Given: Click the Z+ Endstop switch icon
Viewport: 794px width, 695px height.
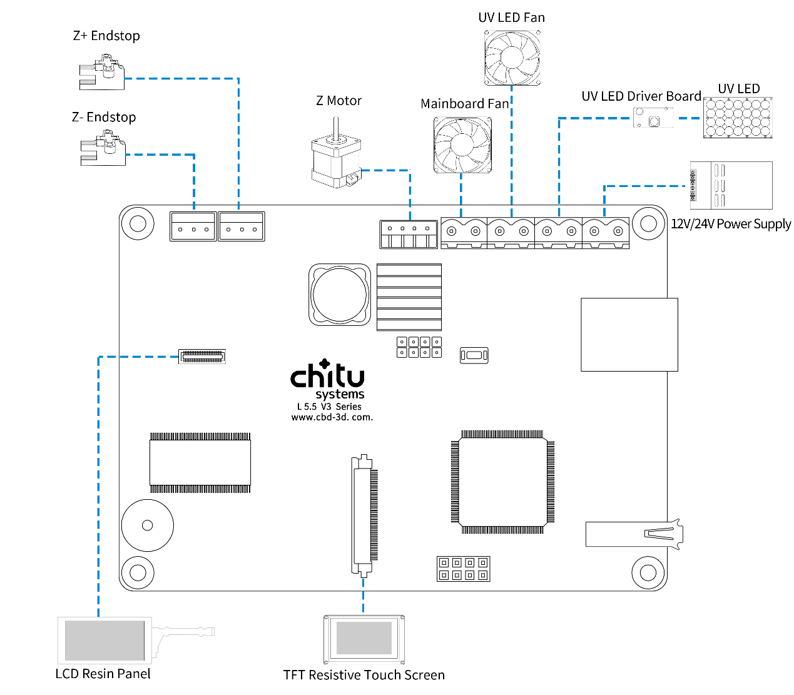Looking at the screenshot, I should pos(101,73).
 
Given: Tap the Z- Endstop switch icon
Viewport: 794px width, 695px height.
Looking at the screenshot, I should pos(103,149).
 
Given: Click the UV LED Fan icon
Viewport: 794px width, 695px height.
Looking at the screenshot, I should pos(512,58).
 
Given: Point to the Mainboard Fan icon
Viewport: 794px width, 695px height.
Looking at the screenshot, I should pos(462,145).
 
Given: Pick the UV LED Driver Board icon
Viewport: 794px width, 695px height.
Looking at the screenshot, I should pos(653,118).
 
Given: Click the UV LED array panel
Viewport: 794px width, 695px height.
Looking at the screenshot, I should pos(738,118).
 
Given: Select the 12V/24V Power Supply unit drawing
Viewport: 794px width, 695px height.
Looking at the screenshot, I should pos(731,185).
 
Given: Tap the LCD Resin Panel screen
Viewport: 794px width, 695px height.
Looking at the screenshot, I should pos(104,640).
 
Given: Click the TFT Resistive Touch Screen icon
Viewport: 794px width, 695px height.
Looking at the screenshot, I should pos(364,639).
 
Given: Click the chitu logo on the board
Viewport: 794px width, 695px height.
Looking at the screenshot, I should pos(327,375).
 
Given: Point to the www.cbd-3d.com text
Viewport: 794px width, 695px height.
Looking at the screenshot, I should pos(332,417).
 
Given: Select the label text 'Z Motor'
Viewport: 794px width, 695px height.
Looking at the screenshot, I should pos(338,101).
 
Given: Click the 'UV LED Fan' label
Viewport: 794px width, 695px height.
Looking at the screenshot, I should pos(511,18).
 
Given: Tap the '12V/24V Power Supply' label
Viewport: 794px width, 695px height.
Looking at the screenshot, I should pos(730,224).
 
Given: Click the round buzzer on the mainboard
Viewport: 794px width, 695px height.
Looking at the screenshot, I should pos(148,525).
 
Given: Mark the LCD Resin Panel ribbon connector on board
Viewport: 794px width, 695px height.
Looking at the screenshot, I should pos(201,357).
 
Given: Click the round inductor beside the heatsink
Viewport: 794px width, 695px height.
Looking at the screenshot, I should pos(340,295).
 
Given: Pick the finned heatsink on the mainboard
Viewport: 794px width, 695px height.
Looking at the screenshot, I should pos(409,297).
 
